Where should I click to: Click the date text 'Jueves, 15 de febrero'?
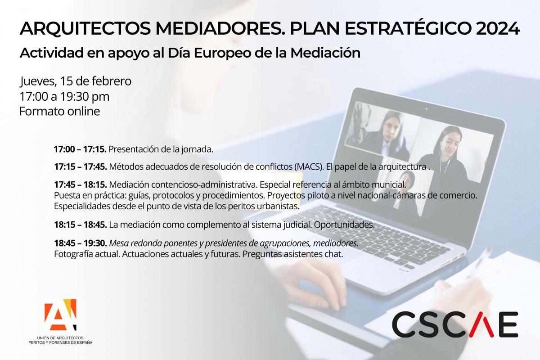coord(76,81)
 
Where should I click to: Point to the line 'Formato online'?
coord(59,112)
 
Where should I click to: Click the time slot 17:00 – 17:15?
coord(80,149)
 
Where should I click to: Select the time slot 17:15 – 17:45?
coord(80,166)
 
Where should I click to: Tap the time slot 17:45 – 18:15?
coord(80,184)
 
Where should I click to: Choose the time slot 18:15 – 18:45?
coord(80,225)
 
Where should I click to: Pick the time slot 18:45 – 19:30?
coord(80,243)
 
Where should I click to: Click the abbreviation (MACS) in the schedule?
coord(309,167)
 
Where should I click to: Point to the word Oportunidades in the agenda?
coord(344,225)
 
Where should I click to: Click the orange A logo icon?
coord(60,315)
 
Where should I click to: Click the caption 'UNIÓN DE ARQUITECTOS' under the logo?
coord(60,338)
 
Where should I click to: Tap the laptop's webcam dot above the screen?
coord(426,109)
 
